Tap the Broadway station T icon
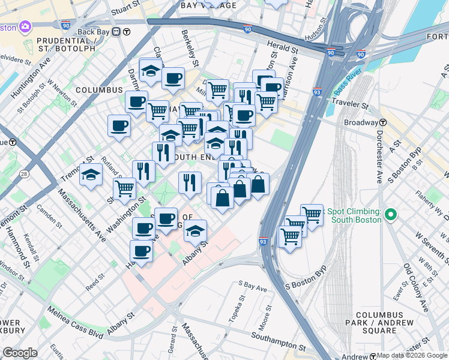click(382, 122)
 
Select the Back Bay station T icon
click(127, 31)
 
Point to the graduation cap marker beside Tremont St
click(91, 175)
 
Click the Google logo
click(20, 353)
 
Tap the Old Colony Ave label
click(415, 287)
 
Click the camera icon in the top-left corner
click(25, 26)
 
